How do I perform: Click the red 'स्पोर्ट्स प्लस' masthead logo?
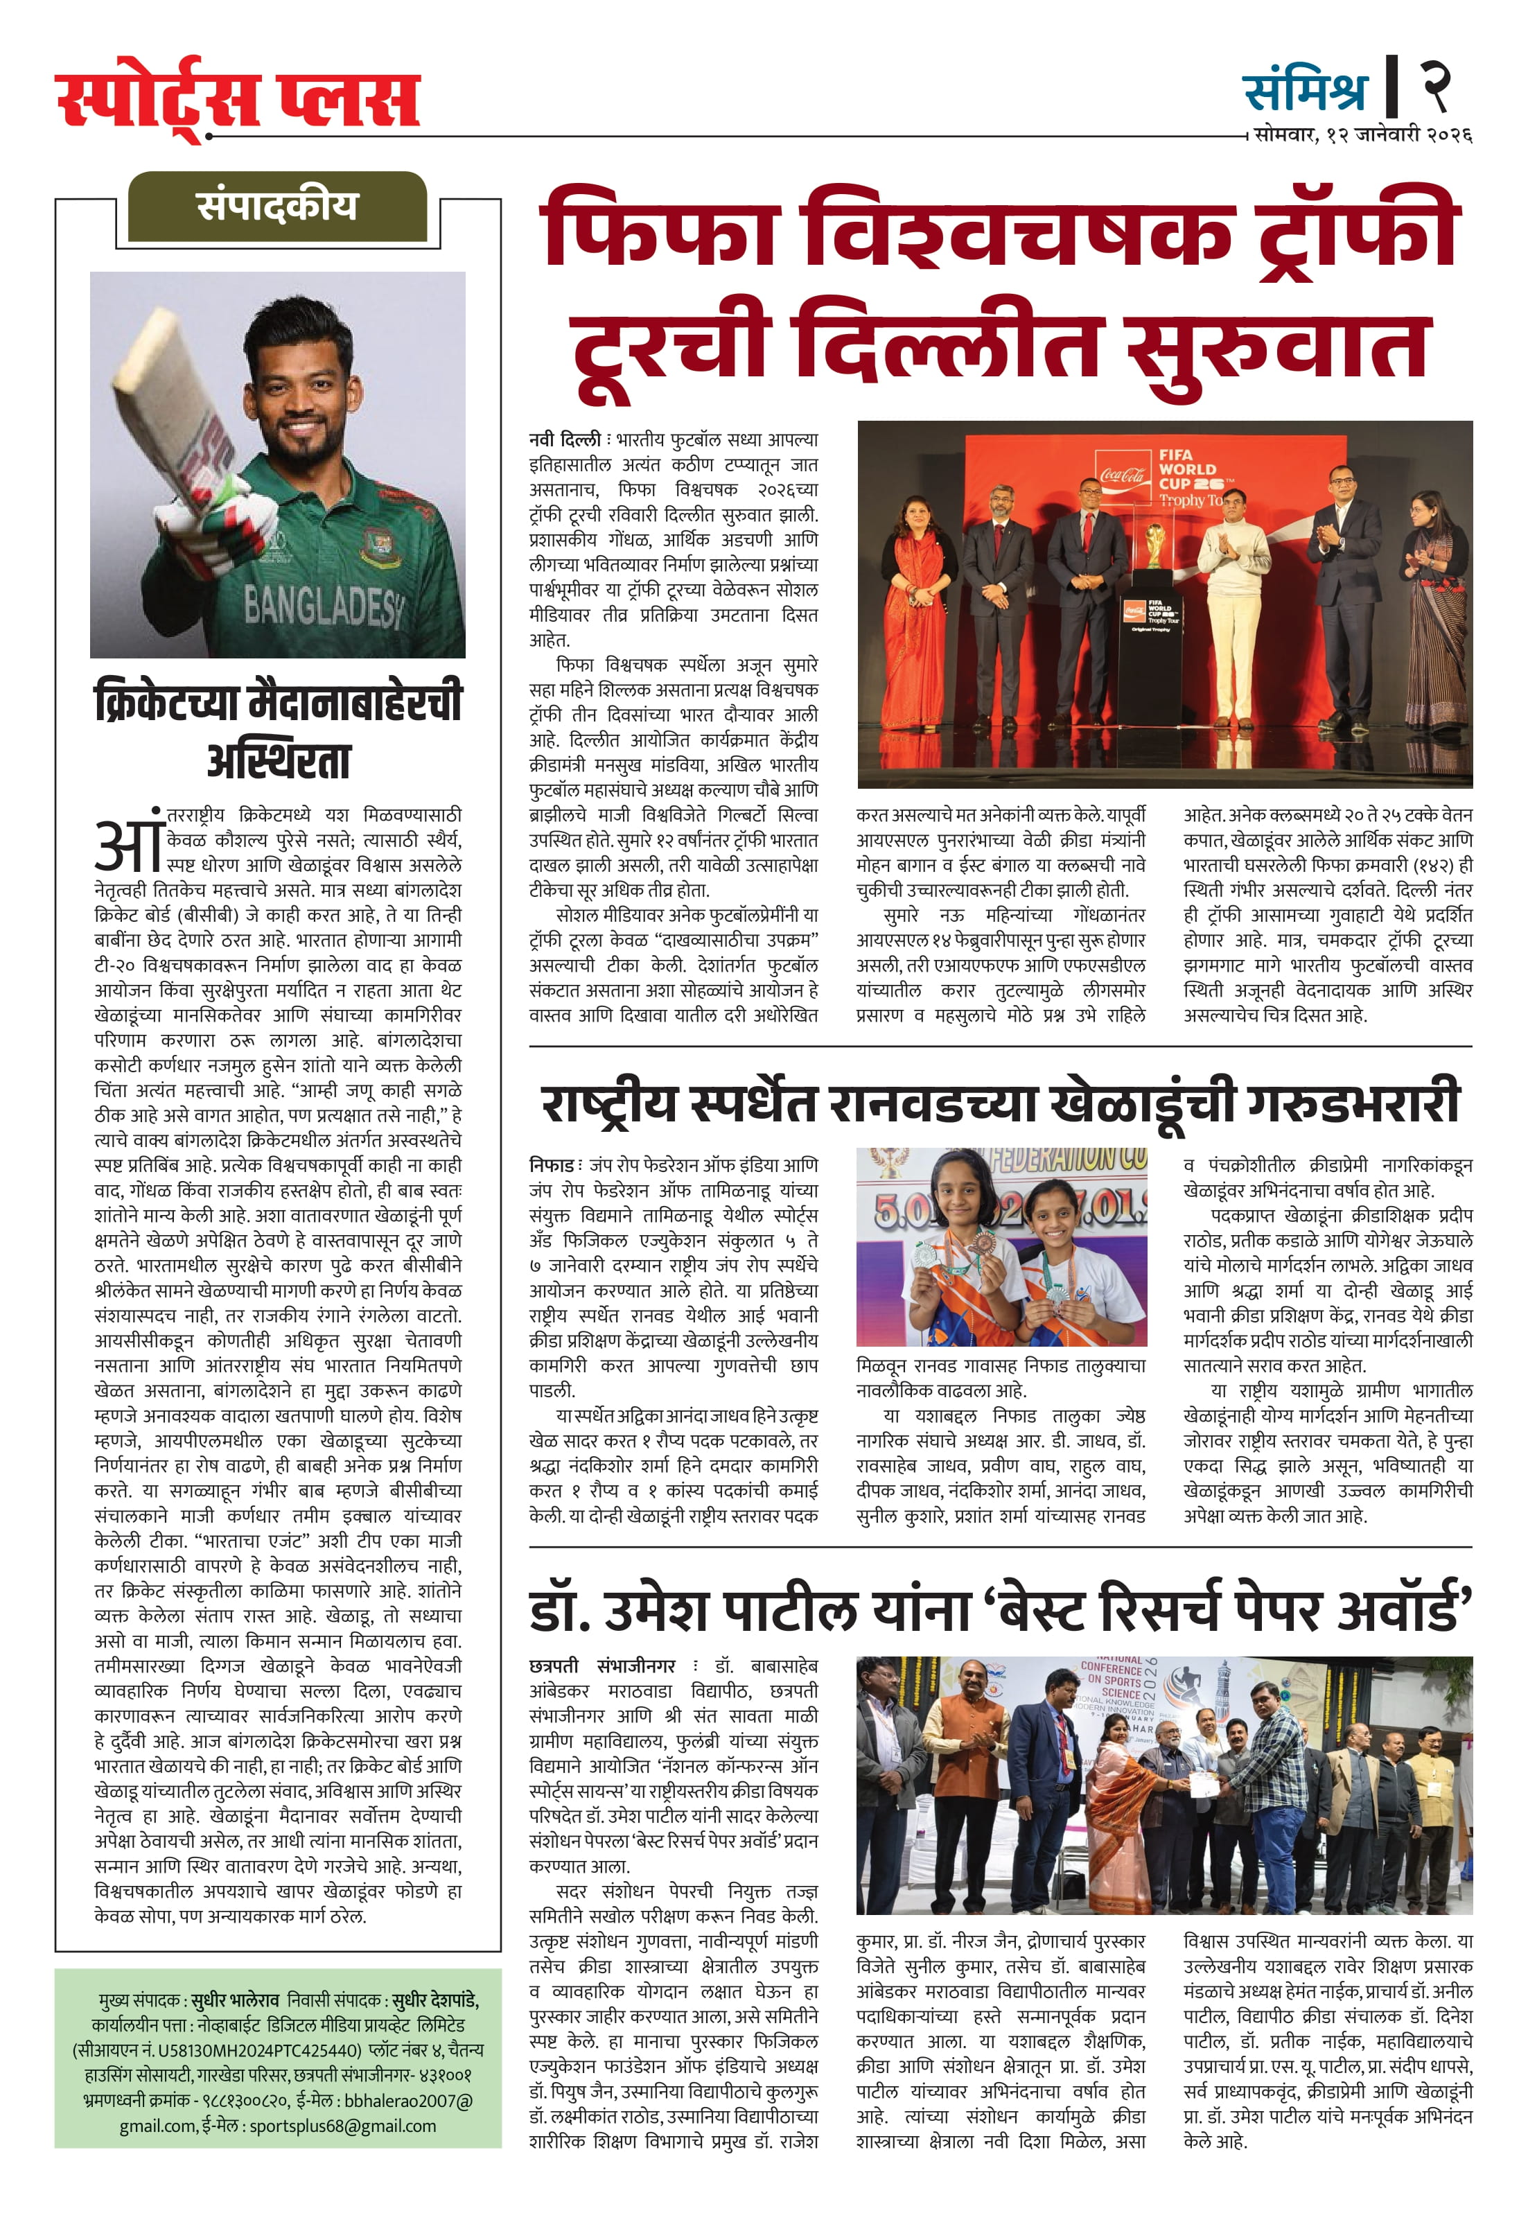[x=238, y=96]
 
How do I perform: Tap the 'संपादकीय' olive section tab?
[x=277, y=206]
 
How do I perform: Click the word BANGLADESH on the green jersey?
[x=322, y=606]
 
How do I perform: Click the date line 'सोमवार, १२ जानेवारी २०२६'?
[x=1362, y=135]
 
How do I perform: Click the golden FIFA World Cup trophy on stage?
[x=1152, y=548]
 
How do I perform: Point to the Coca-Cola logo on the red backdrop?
[x=1123, y=475]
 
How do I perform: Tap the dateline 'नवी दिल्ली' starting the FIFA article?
[x=565, y=440]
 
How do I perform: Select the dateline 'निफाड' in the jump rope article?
[x=551, y=1164]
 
